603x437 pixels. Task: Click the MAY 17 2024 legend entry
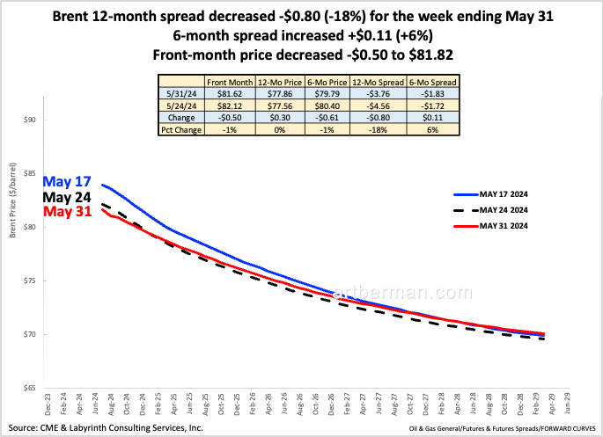point(511,194)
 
